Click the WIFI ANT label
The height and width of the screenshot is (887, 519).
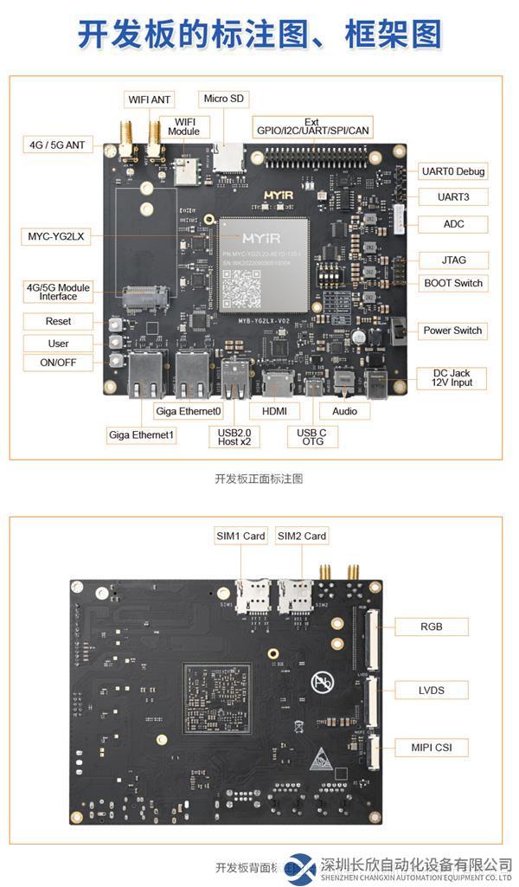150,100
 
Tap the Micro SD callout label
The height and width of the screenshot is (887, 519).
227,99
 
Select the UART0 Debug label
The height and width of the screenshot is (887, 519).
452,170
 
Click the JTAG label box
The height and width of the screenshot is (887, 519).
454,260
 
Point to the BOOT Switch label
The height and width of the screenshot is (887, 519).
453,283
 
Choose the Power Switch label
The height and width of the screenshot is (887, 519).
452,331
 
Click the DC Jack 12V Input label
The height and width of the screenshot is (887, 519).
453,377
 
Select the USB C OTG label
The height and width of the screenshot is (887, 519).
312,436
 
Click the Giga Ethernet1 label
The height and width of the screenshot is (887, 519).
142,434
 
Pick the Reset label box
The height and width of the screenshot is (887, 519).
59,321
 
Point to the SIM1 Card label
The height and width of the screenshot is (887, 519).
241,536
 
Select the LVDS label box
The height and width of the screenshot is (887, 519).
431,690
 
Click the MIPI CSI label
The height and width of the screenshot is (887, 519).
431,747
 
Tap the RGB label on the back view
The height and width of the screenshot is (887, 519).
431,627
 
